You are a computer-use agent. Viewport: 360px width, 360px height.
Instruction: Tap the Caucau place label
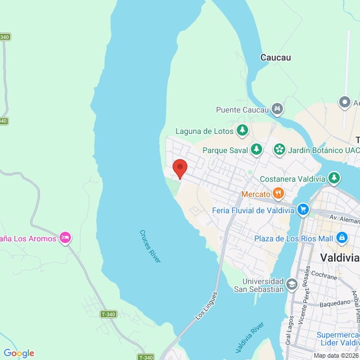[x=276, y=57]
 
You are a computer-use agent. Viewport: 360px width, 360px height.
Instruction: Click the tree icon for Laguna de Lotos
[x=242, y=131]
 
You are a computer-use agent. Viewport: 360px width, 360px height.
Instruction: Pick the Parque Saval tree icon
[x=256, y=150]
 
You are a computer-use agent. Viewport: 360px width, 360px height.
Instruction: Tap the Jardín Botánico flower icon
[x=278, y=150]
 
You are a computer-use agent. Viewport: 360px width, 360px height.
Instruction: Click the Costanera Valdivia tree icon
[x=334, y=178]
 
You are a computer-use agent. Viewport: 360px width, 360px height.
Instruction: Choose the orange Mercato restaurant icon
[x=278, y=194]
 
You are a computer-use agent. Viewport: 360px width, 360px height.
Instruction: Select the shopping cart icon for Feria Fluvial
[x=303, y=210]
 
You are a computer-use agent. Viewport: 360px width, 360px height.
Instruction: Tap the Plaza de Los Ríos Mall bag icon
[x=341, y=238]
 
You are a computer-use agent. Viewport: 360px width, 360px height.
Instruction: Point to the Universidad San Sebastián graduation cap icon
[x=291, y=285]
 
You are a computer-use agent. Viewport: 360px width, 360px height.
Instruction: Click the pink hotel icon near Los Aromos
[x=65, y=238]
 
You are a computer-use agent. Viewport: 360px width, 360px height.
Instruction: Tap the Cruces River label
[x=150, y=246]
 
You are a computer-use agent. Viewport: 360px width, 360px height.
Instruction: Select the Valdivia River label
[x=250, y=337]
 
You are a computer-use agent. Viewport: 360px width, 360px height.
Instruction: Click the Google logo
[x=19, y=353]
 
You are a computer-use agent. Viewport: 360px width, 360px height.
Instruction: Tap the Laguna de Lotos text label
[x=204, y=131]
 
